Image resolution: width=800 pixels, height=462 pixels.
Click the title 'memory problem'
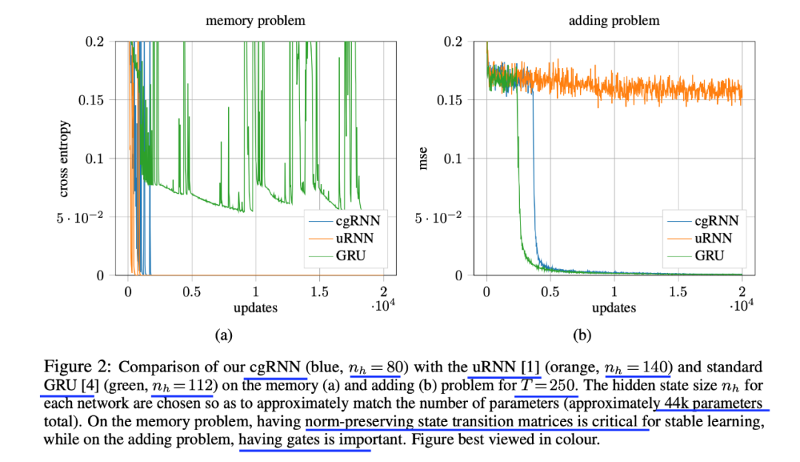coord(255,21)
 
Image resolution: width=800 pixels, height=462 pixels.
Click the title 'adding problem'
coord(614,21)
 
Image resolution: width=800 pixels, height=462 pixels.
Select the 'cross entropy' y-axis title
coord(64,159)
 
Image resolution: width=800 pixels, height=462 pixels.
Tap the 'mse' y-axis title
coord(424,159)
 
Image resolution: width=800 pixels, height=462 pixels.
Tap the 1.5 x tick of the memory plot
coord(319,292)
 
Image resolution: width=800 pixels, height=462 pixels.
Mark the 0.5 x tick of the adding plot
coord(550,292)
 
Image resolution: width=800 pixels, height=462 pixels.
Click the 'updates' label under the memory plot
coord(256,307)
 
